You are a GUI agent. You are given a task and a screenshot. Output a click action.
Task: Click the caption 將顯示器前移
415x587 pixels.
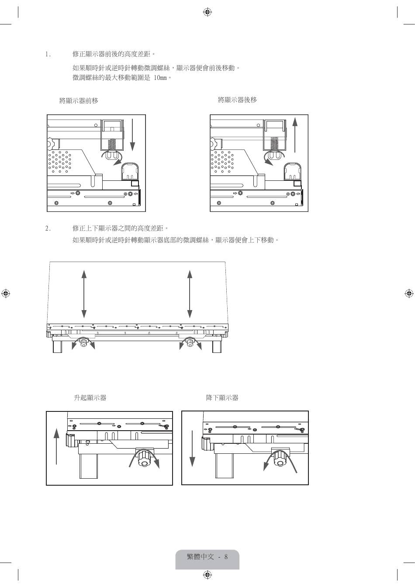click(x=79, y=100)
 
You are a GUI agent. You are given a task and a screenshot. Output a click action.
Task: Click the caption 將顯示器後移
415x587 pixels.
click(x=237, y=100)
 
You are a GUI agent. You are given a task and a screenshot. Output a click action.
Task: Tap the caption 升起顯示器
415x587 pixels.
click(x=90, y=398)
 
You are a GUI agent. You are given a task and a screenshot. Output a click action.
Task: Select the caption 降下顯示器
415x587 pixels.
click(x=222, y=398)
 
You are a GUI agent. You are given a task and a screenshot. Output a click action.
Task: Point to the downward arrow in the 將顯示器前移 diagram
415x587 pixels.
click(x=133, y=135)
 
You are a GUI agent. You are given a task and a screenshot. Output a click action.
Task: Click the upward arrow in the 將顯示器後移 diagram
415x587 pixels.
click(x=295, y=135)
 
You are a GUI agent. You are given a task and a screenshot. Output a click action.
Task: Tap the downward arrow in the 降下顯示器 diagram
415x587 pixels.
click(x=192, y=448)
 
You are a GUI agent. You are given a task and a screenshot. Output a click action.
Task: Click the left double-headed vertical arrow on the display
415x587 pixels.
click(x=84, y=294)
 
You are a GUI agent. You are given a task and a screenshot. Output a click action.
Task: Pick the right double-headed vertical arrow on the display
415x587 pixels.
click(x=190, y=294)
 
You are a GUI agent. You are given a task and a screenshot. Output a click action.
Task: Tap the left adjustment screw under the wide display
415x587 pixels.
click(x=84, y=342)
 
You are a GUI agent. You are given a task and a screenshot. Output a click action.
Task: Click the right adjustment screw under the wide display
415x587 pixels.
click(x=190, y=342)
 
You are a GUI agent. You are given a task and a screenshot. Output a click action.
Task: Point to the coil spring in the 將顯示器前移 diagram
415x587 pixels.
click(x=111, y=145)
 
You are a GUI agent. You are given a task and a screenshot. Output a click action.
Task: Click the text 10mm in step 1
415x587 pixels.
click(x=160, y=78)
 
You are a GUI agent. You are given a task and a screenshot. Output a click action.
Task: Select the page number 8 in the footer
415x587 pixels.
click(x=226, y=556)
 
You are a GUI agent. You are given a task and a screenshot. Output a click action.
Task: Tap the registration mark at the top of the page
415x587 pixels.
click(x=207, y=12)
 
